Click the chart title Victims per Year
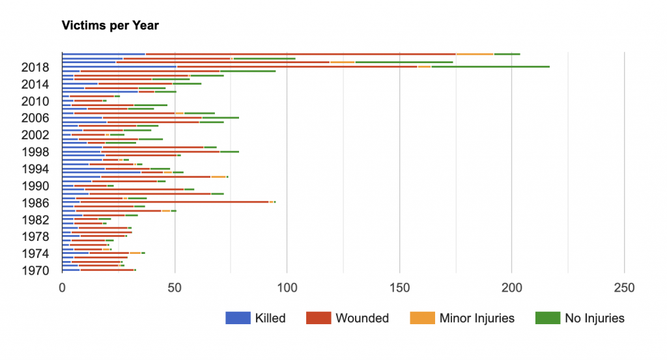(110, 26)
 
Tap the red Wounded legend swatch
(318, 318)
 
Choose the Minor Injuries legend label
(477, 318)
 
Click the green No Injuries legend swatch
(546, 318)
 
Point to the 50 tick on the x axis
(175, 287)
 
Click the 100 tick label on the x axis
(287, 287)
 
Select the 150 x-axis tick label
(400, 287)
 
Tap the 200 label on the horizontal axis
(513, 287)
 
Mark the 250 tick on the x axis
(625, 287)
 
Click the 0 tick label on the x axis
(63, 287)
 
